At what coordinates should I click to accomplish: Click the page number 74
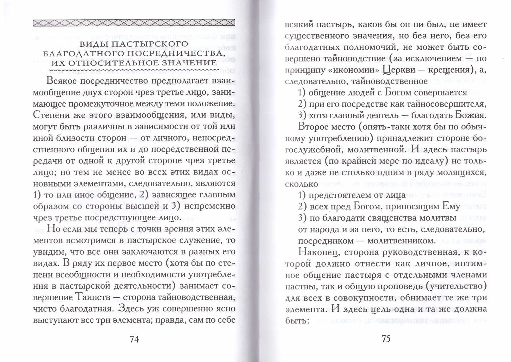(134, 339)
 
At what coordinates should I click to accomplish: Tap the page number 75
(386, 339)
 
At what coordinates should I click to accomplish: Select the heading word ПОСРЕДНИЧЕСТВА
(174, 53)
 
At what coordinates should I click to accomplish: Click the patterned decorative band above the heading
(134, 23)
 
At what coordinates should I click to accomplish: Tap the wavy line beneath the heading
(134, 70)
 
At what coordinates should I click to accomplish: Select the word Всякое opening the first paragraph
(61, 81)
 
